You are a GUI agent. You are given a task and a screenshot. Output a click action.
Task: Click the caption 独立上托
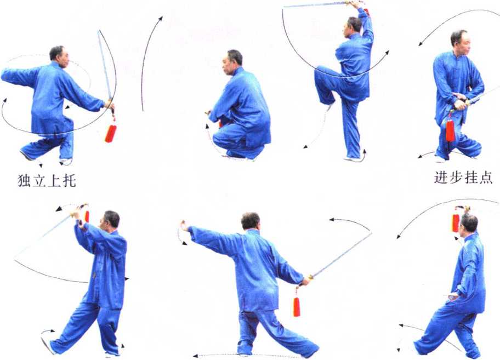pos(47,181)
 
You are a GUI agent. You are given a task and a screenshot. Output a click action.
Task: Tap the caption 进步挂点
pos(463,178)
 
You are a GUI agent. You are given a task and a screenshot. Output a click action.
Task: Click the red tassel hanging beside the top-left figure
pos(110,133)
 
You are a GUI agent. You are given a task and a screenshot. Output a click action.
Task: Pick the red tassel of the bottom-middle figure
pos(297,306)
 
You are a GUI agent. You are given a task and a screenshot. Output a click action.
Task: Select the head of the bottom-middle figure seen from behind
pos(251,221)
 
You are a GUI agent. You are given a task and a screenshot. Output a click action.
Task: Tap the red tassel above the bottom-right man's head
pos(456,222)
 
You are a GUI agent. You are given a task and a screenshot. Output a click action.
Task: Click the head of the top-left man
pos(59,56)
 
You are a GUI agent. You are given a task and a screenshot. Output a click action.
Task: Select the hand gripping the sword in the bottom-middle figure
pos(306,281)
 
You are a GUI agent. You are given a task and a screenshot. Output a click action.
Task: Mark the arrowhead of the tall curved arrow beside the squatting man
pos(161,19)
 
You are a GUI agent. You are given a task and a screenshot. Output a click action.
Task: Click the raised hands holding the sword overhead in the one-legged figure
pos(356,5)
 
